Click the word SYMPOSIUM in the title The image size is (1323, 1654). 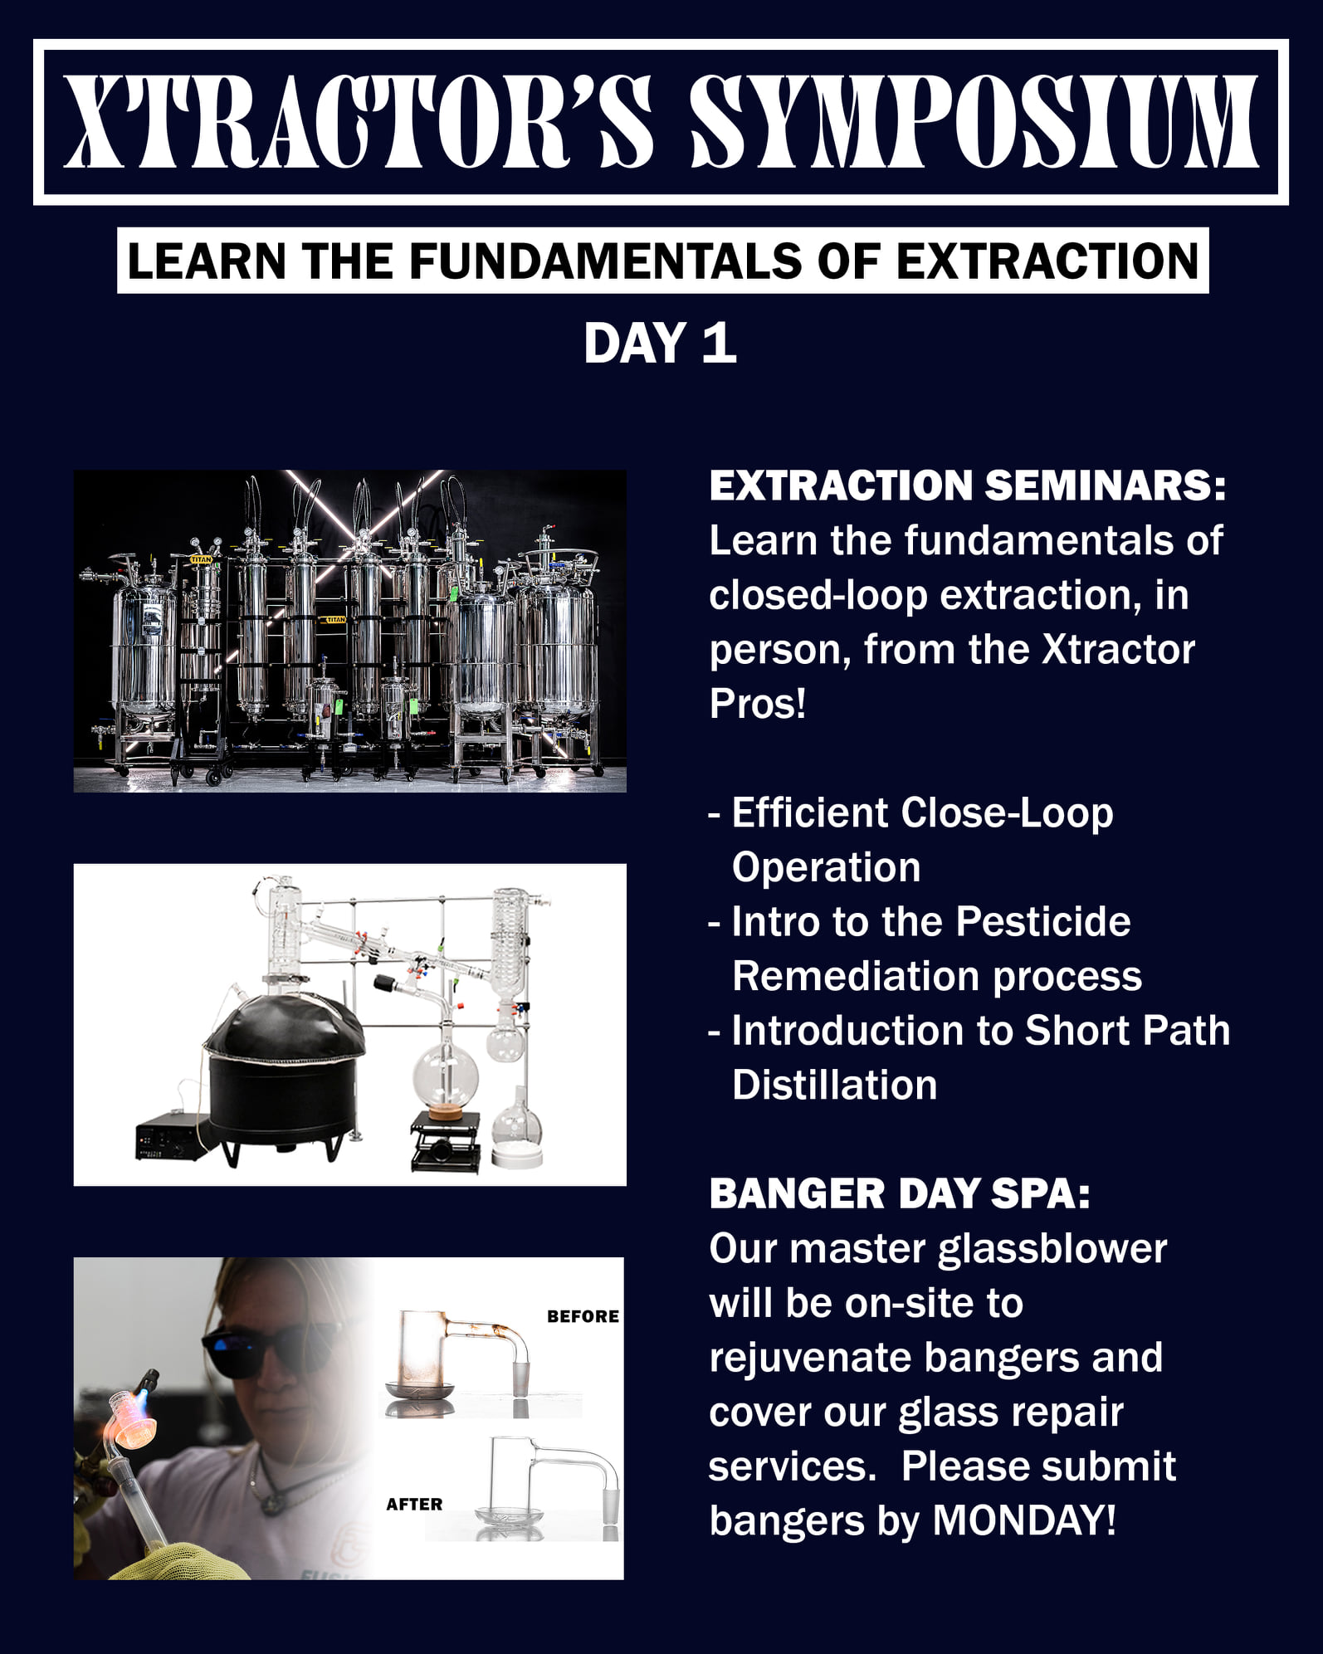tap(974, 122)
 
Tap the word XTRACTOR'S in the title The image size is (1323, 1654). tap(359, 122)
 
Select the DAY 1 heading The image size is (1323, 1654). tap(661, 343)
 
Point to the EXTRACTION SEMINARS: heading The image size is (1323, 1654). tap(968, 485)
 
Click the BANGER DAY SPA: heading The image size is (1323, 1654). tap(900, 1193)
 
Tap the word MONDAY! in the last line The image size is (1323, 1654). tap(1024, 1520)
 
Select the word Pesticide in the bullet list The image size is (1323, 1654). tap(1043, 921)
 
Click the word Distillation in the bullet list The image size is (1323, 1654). tap(835, 1085)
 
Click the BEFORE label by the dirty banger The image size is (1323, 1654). tap(583, 1316)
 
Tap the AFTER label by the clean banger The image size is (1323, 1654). tap(414, 1504)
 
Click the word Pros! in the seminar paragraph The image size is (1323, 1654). tap(758, 704)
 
